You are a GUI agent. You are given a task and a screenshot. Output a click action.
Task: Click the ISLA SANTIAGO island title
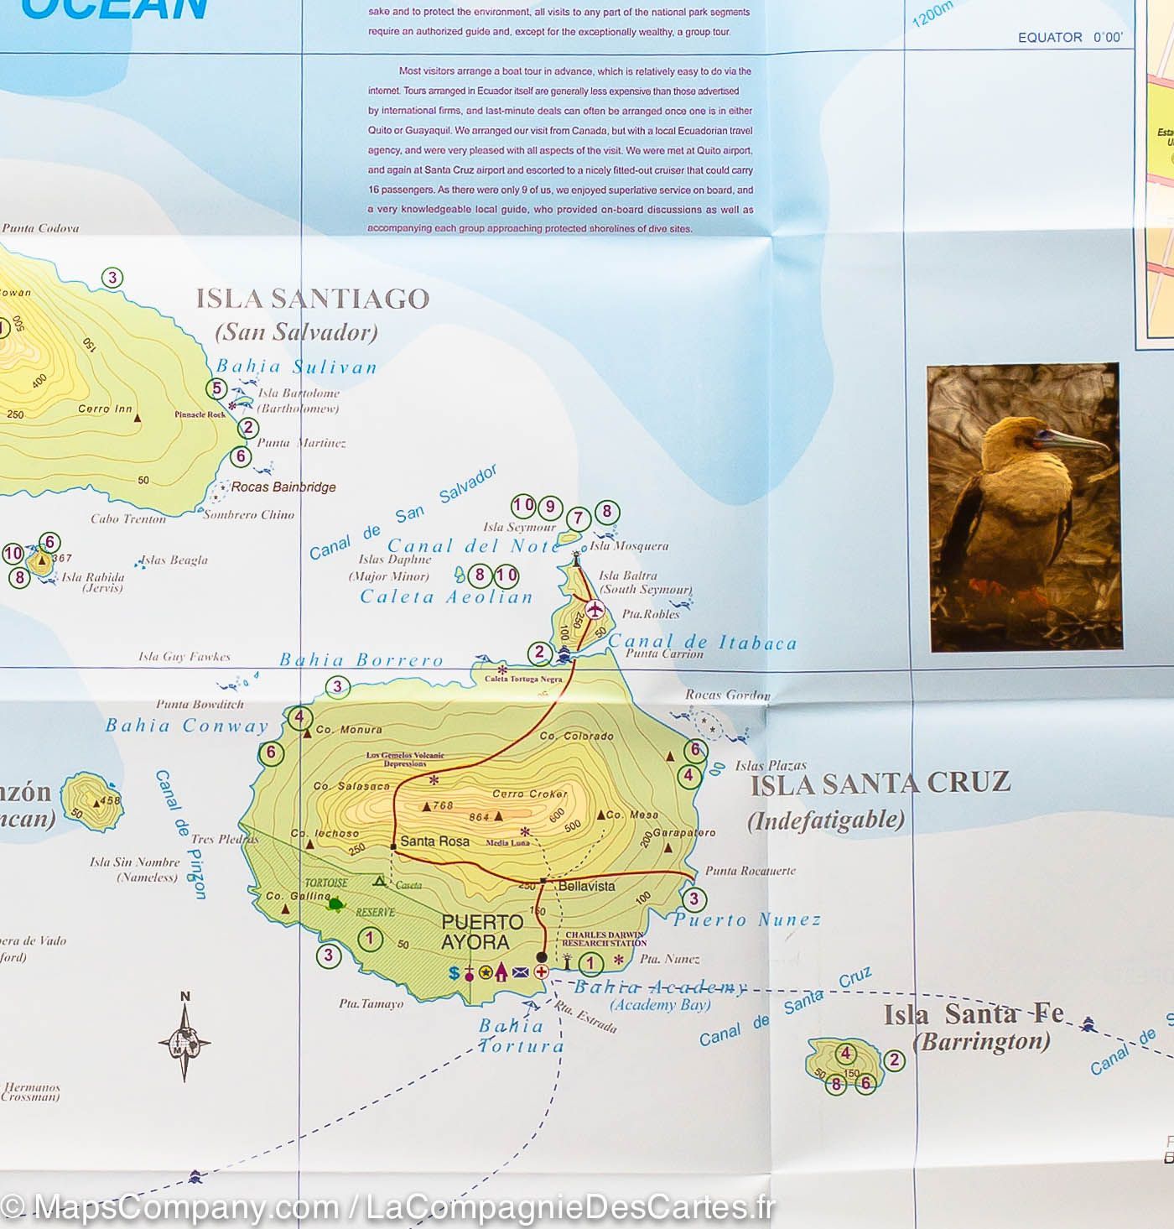(312, 299)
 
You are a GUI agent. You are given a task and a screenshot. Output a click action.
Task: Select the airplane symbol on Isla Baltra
(595, 609)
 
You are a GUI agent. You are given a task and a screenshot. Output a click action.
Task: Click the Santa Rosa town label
(434, 841)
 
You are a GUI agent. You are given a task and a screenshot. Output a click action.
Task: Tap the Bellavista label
(586, 886)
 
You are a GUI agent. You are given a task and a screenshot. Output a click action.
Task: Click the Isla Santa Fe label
(973, 1015)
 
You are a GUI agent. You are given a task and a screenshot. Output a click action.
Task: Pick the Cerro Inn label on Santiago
(105, 409)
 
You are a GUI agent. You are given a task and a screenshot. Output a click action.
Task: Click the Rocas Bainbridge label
(283, 487)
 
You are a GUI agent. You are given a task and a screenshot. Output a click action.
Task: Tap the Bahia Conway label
(186, 726)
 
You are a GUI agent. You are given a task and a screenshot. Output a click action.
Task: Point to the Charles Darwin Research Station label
(604, 939)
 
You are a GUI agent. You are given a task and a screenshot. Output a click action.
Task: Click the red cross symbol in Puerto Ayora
(542, 972)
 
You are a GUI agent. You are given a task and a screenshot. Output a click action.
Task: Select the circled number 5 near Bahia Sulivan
(217, 388)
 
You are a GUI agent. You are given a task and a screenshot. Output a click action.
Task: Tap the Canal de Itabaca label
(702, 643)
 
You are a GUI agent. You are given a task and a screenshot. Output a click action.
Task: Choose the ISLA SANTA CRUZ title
(880, 784)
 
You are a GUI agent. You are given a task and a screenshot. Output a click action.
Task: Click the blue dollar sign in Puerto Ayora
(455, 972)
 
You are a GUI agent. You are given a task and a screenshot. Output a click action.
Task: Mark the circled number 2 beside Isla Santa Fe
(895, 1060)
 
